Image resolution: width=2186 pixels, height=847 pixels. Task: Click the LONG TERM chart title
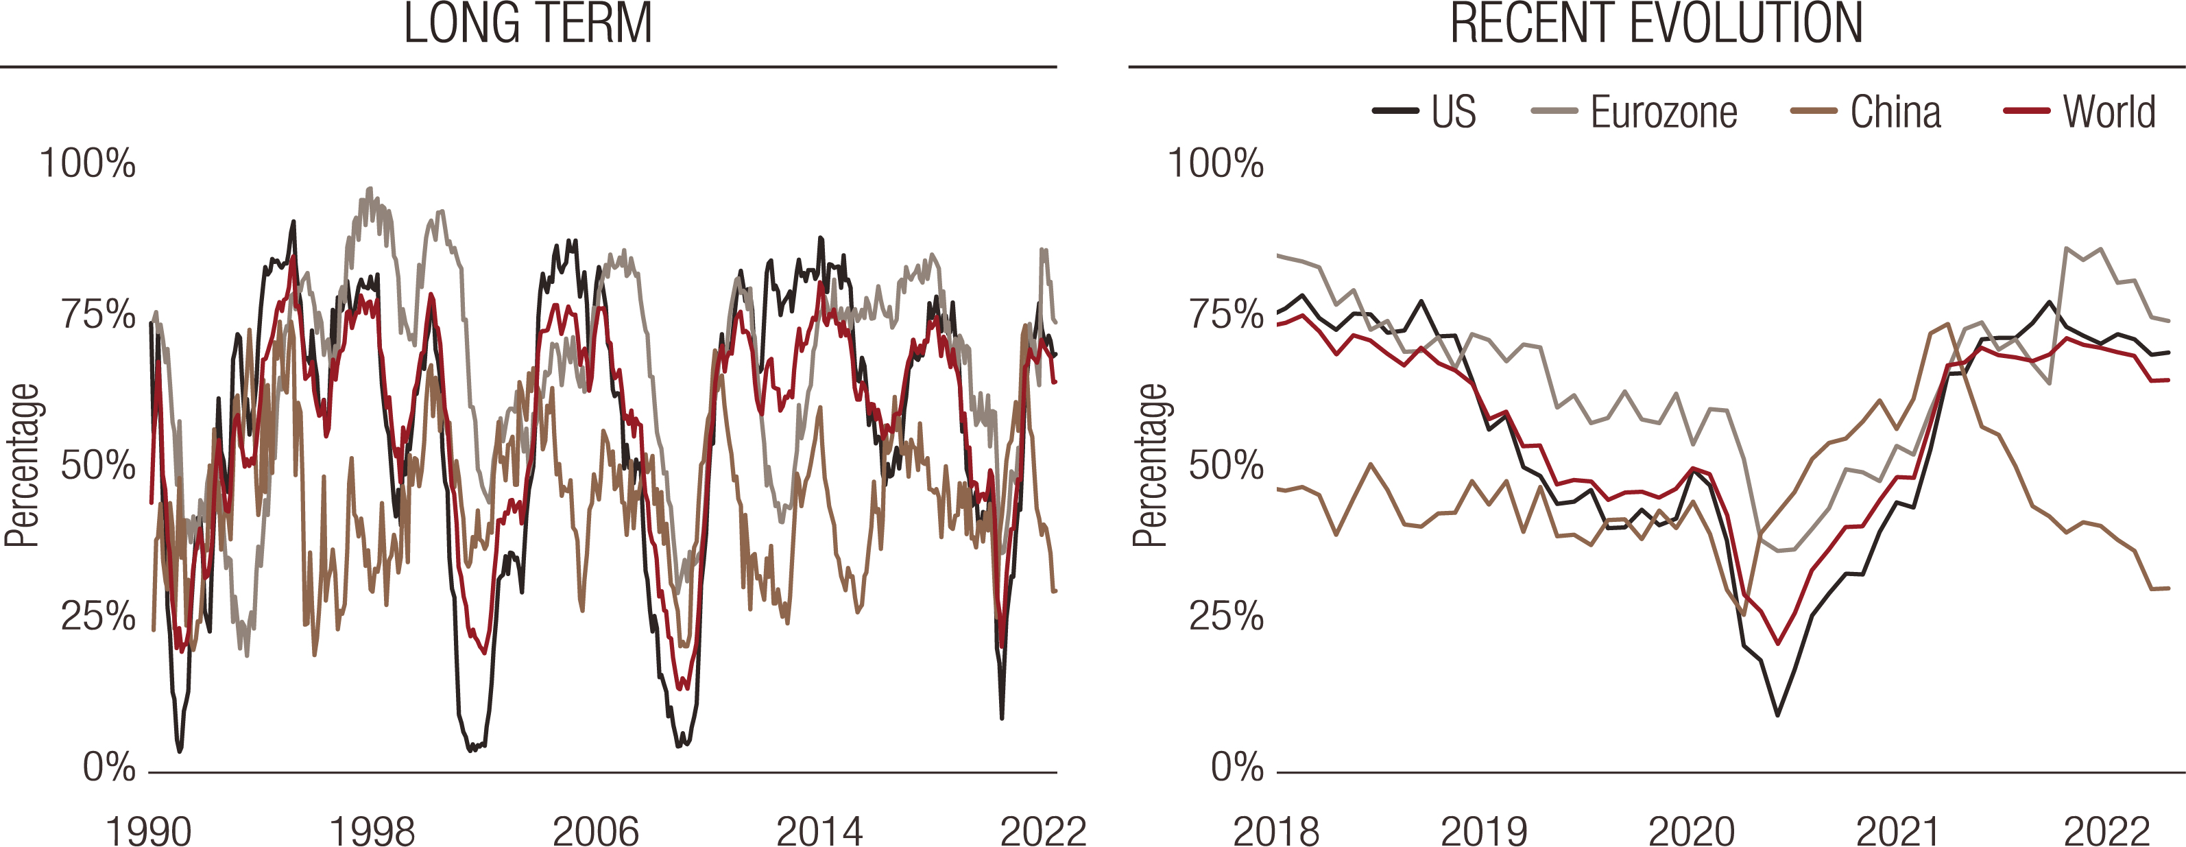[x=528, y=24]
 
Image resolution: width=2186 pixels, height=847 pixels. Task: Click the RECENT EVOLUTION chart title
[x=1656, y=24]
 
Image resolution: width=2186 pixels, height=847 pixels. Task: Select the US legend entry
[x=1453, y=112]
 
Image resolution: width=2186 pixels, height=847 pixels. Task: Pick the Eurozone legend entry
[x=1663, y=112]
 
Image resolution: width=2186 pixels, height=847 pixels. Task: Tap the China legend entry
[x=1895, y=112]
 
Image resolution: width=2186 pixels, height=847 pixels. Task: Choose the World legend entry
[x=2109, y=112]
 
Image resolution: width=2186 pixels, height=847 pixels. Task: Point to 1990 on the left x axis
[x=149, y=830]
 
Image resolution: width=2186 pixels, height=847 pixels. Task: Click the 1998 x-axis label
[x=372, y=830]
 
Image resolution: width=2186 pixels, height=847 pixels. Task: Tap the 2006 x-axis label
[x=596, y=830]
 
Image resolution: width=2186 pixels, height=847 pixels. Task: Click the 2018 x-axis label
[x=1275, y=830]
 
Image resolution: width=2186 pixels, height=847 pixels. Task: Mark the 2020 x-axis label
[x=1691, y=830]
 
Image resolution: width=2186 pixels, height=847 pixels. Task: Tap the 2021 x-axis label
[x=1898, y=830]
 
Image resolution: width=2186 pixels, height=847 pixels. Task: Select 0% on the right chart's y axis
[x=1237, y=767]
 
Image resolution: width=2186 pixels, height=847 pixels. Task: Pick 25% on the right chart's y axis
[x=1226, y=616]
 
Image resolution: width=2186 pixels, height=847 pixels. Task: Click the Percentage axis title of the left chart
[x=22, y=465]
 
